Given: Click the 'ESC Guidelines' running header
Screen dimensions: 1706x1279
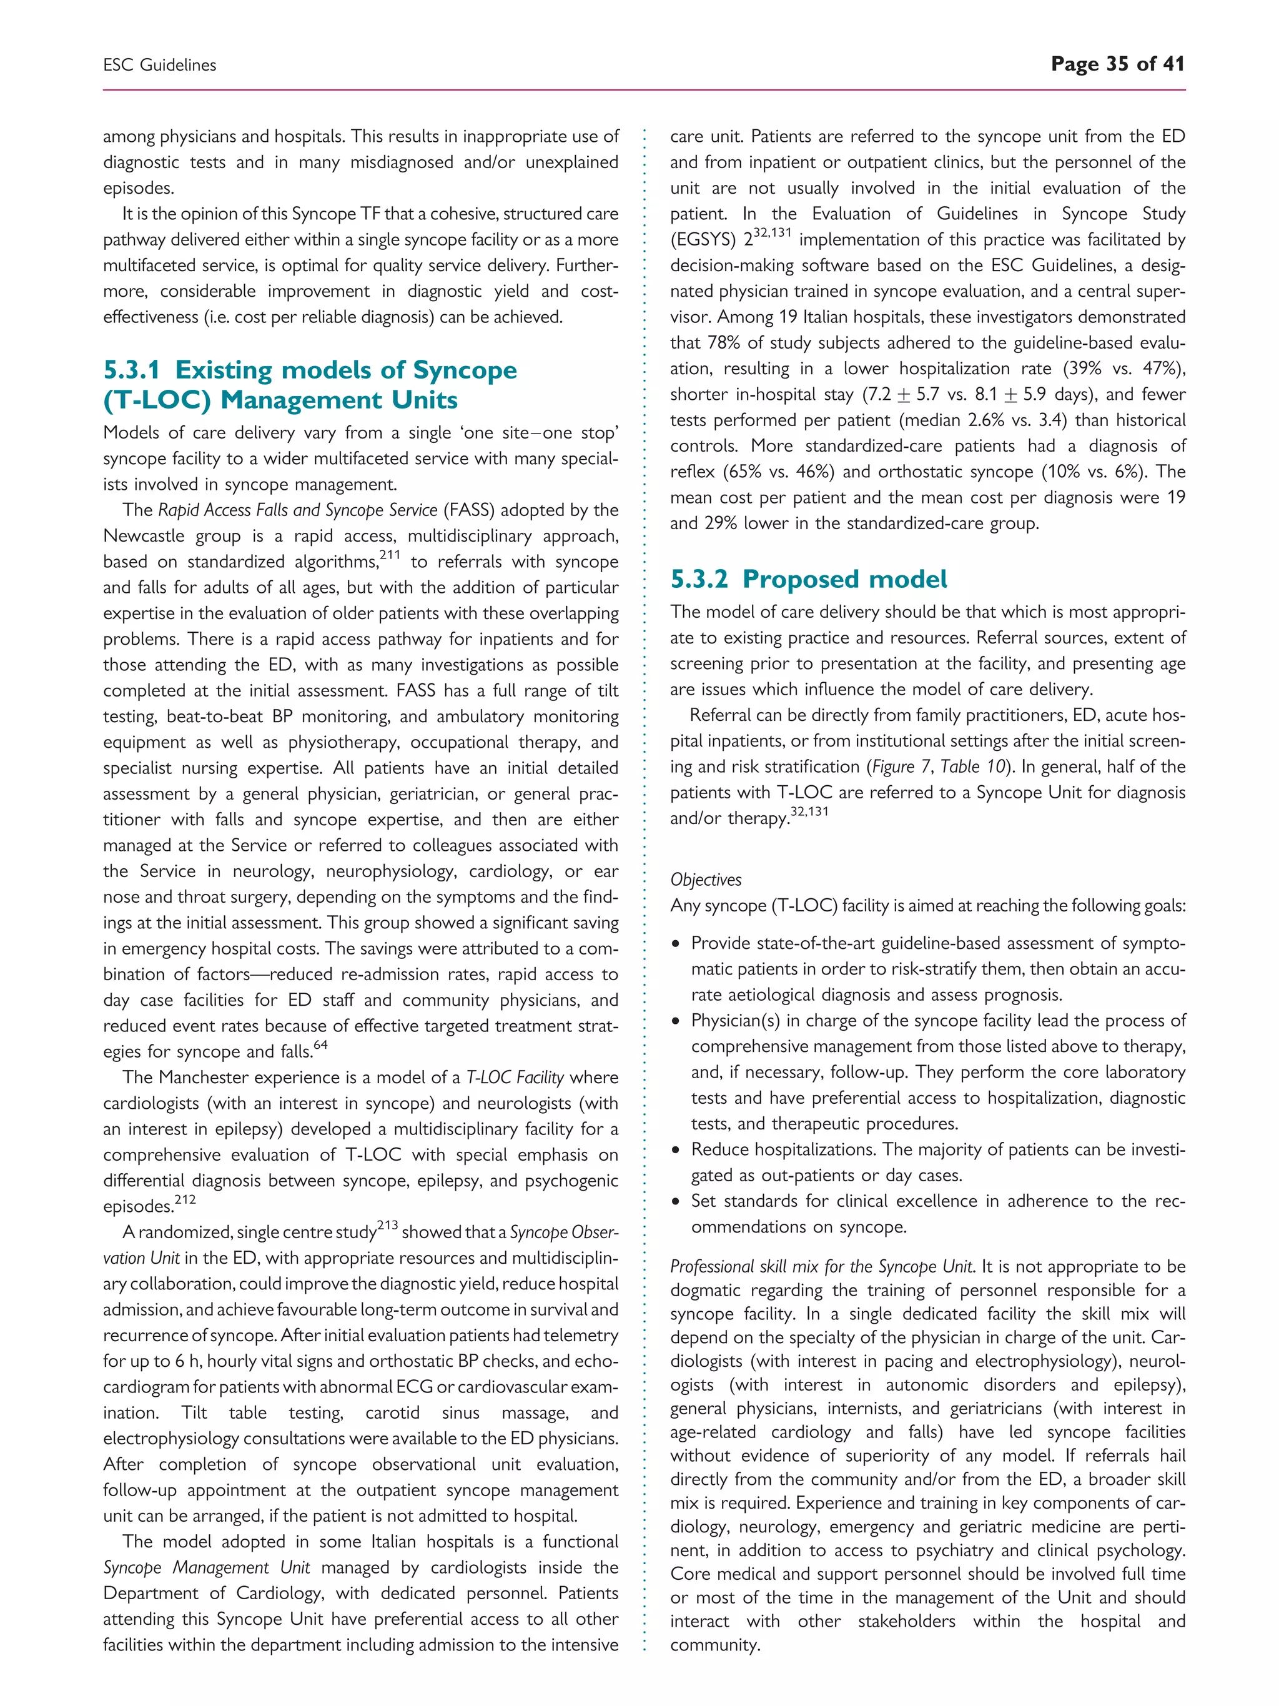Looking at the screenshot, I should pos(160,66).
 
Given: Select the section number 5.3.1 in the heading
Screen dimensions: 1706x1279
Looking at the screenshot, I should pos(132,370).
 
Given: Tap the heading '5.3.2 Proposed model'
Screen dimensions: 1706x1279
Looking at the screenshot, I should pos(808,578).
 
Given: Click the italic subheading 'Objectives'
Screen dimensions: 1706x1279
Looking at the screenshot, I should pos(706,880).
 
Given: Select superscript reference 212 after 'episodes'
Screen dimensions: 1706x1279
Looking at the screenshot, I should pos(185,1199).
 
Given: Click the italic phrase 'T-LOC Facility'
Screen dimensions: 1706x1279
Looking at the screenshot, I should pos(515,1078).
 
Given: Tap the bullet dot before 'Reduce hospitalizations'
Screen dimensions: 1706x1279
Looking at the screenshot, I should pos(676,1151).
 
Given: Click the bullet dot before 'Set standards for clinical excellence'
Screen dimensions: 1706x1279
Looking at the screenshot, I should pos(676,1203).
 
